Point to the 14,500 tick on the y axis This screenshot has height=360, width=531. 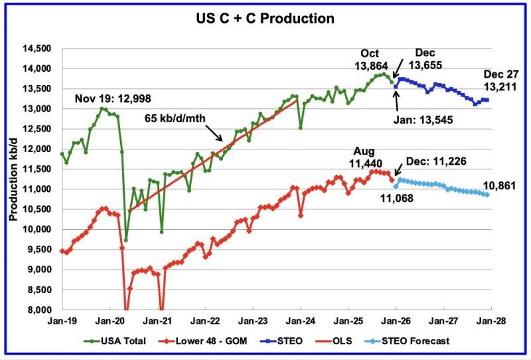tap(38, 48)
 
